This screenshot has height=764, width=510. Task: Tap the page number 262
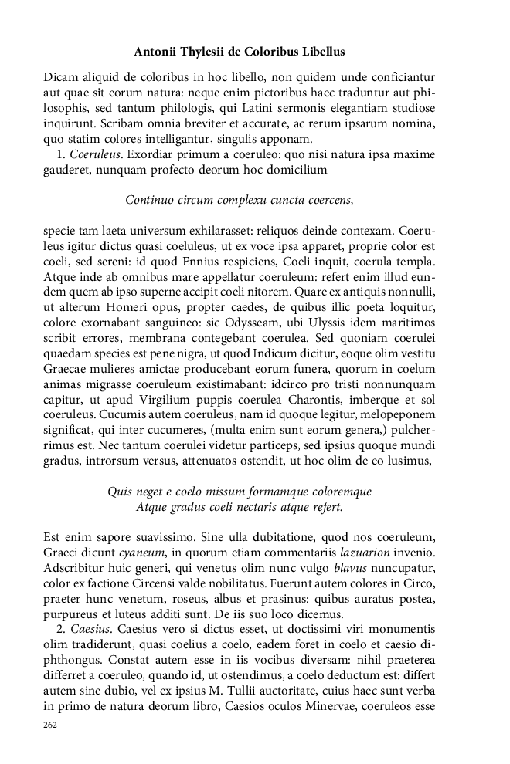[51, 725]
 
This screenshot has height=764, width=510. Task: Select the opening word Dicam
[59, 77]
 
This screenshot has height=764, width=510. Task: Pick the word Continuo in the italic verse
[149, 201]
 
